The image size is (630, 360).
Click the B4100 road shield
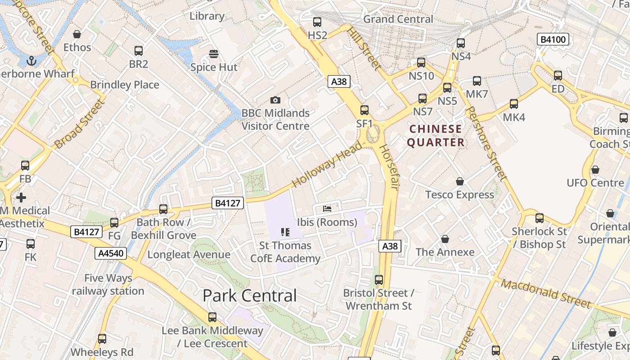pos(553,40)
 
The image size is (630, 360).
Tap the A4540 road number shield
pos(110,253)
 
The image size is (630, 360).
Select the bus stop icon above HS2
pos(317,22)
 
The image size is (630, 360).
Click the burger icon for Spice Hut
pos(214,54)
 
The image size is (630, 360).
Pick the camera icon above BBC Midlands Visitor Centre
pos(275,100)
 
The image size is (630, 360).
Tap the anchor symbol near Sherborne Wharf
pos(31,60)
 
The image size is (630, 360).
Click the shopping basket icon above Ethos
pos(77,34)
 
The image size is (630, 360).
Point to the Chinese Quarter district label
pos(436,135)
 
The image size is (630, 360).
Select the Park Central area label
pos(249,296)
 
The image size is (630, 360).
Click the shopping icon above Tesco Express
pos(460,181)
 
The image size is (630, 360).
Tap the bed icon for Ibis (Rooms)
pos(327,209)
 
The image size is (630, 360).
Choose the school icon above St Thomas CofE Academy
pos(285,232)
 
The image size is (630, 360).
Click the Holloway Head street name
pos(327,165)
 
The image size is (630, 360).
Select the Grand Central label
pos(398,19)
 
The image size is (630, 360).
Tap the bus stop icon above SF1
pos(364,110)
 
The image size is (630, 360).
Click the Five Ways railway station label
pos(108,284)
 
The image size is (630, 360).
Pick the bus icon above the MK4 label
pos(514,104)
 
